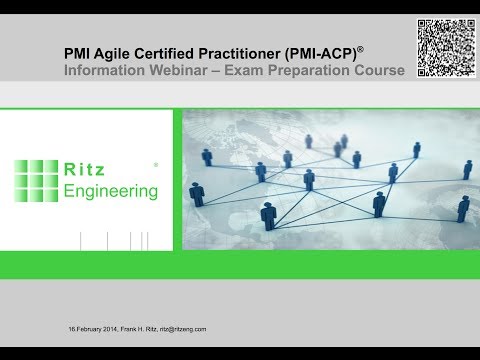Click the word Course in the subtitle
pyautogui.click(x=382, y=71)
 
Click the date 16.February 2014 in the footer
pyautogui.click(x=92, y=328)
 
